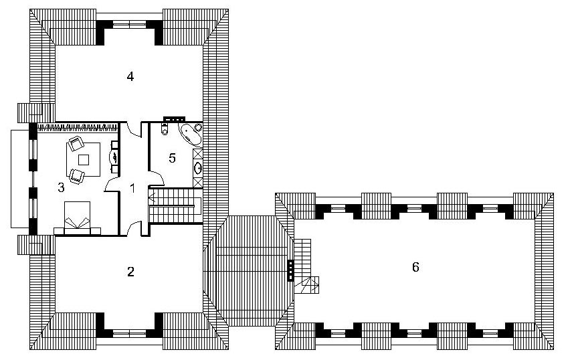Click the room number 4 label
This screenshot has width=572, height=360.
(130, 76)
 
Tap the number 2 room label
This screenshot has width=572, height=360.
(130, 272)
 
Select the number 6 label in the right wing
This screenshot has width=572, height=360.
(415, 267)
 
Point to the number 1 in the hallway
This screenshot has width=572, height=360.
(132, 189)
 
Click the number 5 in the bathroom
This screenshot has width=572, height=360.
(172, 158)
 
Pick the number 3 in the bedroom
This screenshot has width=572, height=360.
(62, 187)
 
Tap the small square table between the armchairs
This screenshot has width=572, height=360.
(84, 160)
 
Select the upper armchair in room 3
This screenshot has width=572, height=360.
(76, 143)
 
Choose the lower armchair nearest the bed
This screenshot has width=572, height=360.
(77, 176)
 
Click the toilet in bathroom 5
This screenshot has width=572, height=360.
(164, 129)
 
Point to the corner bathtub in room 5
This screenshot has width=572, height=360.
(190, 134)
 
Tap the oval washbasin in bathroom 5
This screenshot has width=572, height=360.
(198, 168)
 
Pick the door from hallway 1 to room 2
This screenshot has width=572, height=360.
(134, 228)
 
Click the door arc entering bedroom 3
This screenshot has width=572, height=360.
(112, 185)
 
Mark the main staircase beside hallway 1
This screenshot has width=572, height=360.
(175, 205)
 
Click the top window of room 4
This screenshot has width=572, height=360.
(130, 25)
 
